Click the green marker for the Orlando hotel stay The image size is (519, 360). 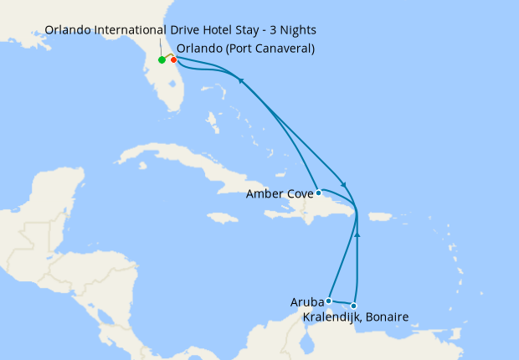coord(162,60)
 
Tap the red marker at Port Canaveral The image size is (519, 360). coord(173,59)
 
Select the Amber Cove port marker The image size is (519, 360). coord(318,193)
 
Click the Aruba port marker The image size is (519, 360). coord(329,301)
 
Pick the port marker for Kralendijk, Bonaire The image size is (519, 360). coord(354,306)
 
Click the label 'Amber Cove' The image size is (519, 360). coord(279,193)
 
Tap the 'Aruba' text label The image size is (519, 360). coord(307,301)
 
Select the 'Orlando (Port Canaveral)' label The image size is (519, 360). coord(245,48)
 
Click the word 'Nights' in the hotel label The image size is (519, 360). coord(295,30)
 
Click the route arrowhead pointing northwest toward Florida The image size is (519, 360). coord(242,80)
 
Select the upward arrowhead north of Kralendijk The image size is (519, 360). coord(357,235)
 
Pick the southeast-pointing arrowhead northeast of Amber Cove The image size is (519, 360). coord(343,184)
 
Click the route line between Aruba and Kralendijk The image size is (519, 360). coord(342,303)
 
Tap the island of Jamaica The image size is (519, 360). coord(224,218)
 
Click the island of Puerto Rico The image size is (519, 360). coord(380,216)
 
